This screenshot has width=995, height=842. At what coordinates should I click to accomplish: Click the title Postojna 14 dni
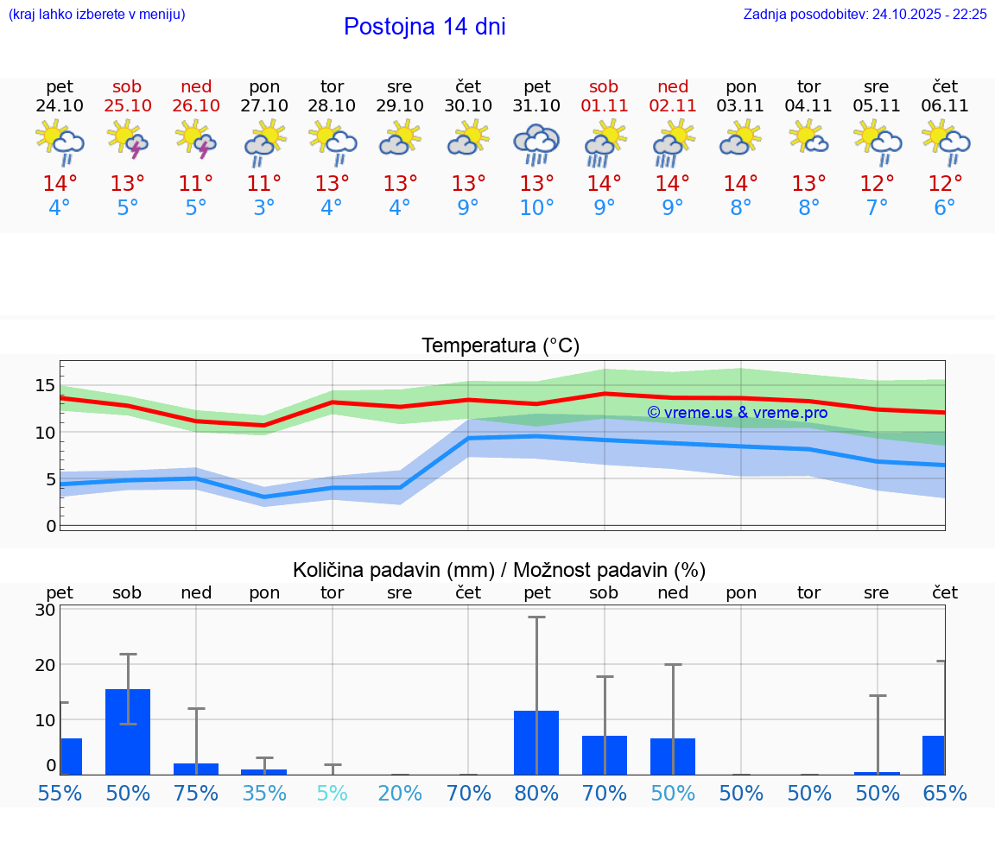pyautogui.click(x=424, y=27)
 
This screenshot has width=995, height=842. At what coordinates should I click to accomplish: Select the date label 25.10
pyautogui.click(x=128, y=106)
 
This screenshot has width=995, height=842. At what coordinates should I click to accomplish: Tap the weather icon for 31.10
pyautogui.click(x=536, y=143)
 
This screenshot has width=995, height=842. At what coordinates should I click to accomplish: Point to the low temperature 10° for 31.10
pyautogui.click(x=536, y=208)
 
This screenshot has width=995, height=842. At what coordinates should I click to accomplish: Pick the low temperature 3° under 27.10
pyautogui.click(x=264, y=208)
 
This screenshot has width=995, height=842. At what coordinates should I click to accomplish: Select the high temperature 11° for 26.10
pyautogui.click(x=196, y=184)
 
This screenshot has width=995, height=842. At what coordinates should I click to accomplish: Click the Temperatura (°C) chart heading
pyautogui.click(x=500, y=346)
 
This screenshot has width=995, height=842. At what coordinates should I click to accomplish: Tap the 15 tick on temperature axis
pyautogui.click(x=45, y=385)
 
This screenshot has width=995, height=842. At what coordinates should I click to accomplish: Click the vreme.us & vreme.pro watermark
pyautogui.click(x=738, y=413)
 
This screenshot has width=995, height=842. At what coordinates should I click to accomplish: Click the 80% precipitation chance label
pyautogui.click(x=536, y=793)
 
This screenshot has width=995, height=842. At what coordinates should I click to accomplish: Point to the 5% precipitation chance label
pyautogui.click(x=333, y=793)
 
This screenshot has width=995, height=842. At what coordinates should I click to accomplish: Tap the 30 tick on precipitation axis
pyautogui.click(x=45, y=610)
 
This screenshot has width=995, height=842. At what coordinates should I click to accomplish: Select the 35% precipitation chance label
pyautogui.click(x=264, y=793)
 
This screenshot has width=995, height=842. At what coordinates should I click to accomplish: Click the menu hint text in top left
pyautogui.click(x=96, y=15)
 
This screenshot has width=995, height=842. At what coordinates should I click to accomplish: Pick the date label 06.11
pyautogui.click(x=945, y=106)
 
